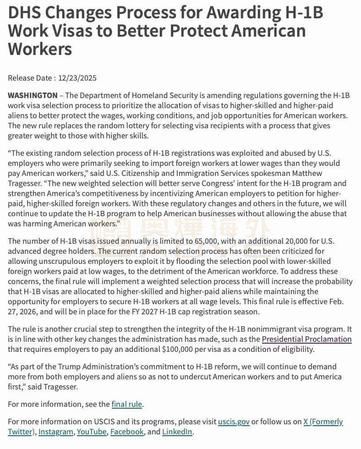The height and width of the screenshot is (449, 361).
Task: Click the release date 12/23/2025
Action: click(78, 78)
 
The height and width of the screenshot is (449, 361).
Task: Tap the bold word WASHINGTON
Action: click(33, 95)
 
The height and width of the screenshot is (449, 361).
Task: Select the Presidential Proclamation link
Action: click(306, 339)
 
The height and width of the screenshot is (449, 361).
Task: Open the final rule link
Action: click(127, 404)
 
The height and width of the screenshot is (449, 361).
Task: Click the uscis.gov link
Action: click(234, 422)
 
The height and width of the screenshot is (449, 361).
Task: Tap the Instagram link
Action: click(55, 432)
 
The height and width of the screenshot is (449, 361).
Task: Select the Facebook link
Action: click(127, 432)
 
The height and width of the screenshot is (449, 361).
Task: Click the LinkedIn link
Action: click(177, 432)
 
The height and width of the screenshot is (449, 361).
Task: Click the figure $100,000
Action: click(171, 349)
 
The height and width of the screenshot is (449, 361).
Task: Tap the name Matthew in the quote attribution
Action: click(307, 173)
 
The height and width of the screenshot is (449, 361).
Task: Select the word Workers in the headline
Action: click(40, 48)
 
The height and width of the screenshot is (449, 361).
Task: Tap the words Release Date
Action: click(30, 78)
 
